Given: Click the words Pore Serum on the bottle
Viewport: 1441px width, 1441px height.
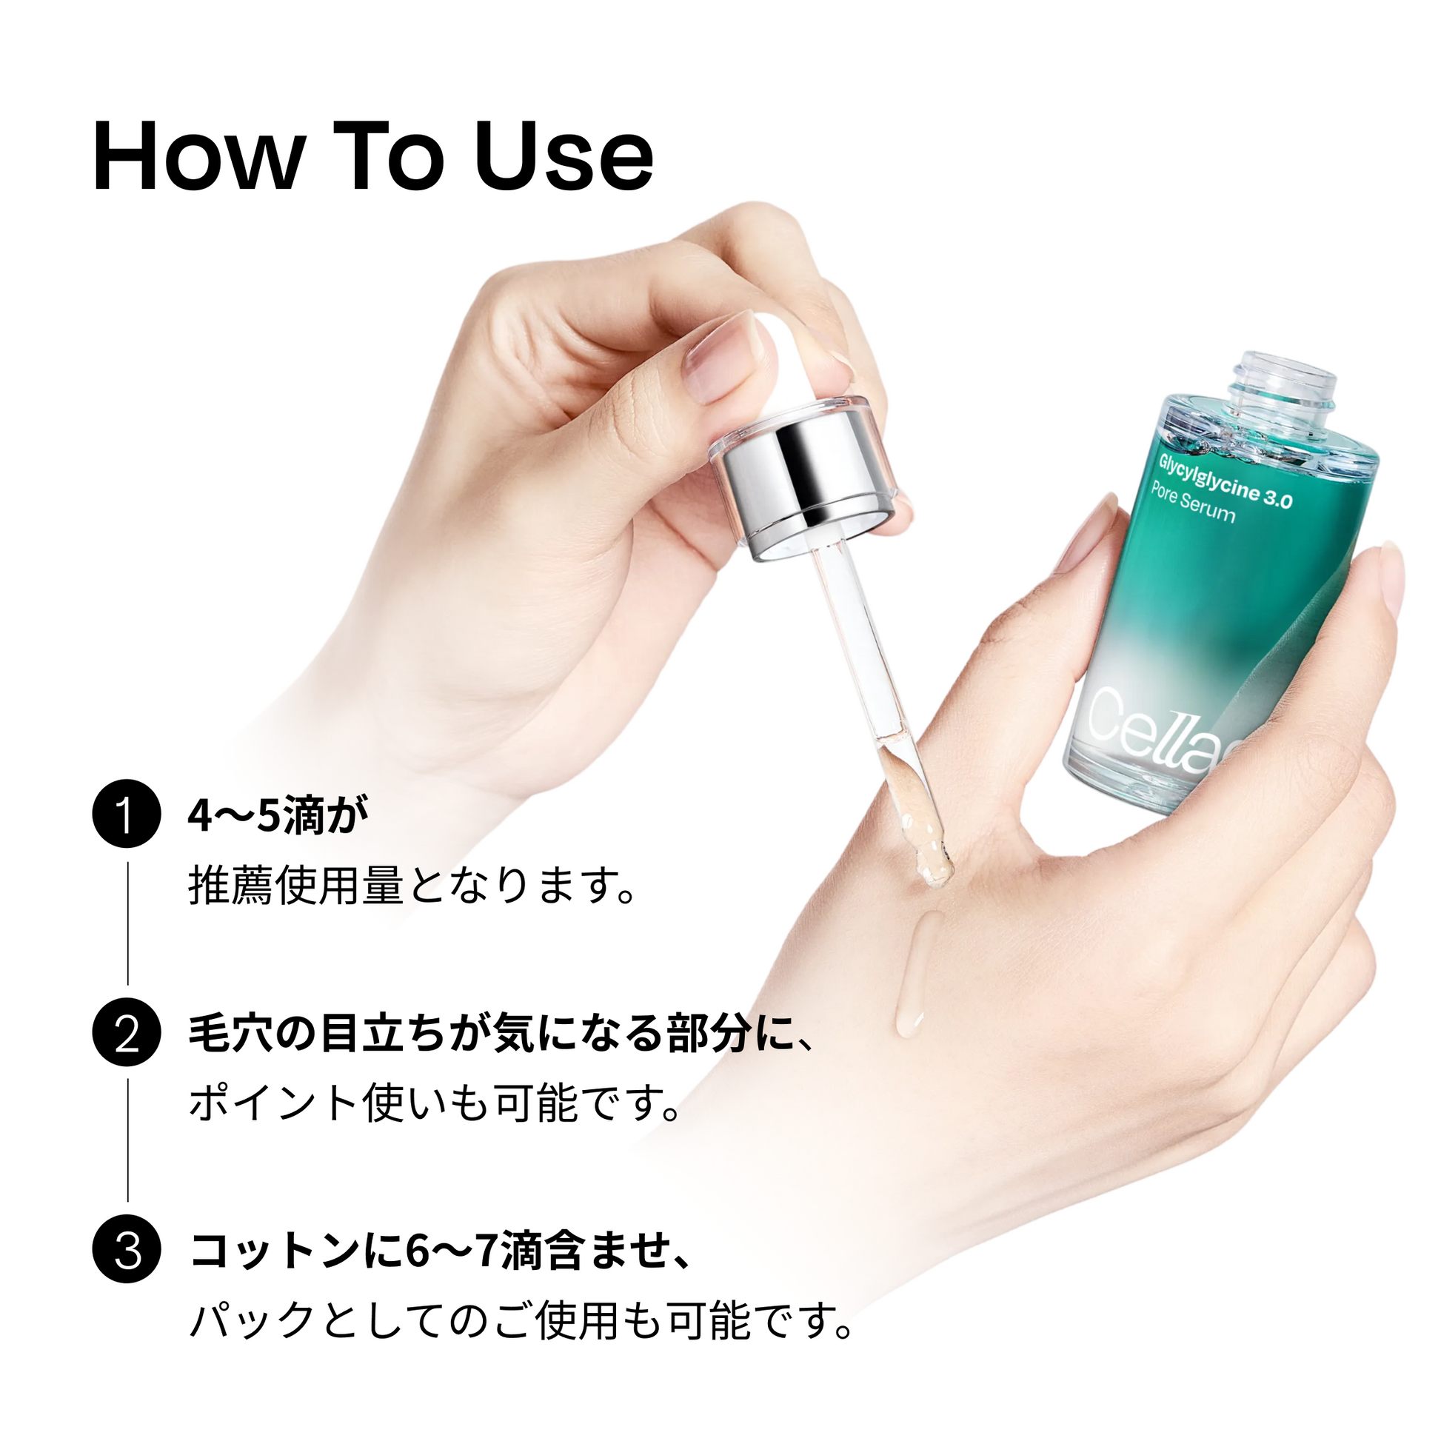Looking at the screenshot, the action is [x=1193, y=503].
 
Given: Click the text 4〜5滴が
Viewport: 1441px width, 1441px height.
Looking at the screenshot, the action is [x=278, y=817].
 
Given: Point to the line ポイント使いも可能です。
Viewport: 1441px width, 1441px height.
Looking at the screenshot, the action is [x=435, y=1103].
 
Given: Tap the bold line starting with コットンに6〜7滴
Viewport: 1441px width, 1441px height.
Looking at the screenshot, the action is [x=441, y=1252].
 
